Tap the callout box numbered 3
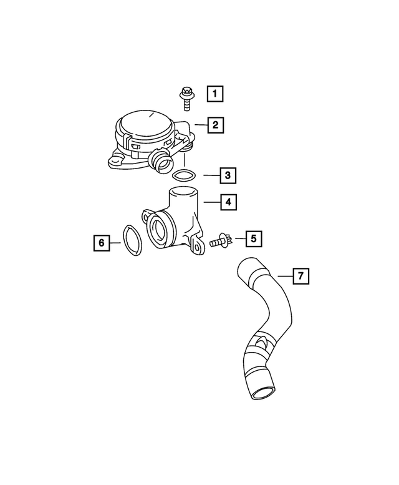click(x=228, y=175)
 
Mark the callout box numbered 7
click(x=300, y=275)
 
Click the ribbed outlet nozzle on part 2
click(x=163, y=162)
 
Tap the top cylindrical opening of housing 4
click(x=183, y=194)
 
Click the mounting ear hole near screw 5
click(x=198, y=248)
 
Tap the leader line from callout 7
click(x=283, y=275)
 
